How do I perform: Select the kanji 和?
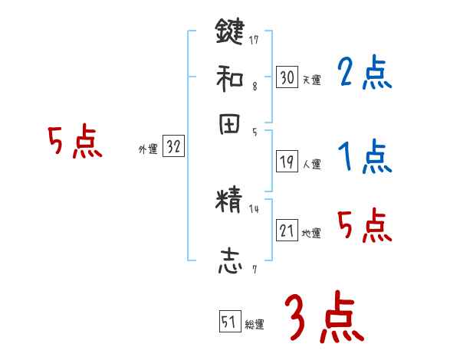click(x=229, y=77)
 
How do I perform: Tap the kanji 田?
click(x=229, y=125)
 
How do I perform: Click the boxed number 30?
click(x=287, y=77)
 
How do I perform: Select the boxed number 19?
click(x=287, y=162)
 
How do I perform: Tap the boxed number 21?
click(x=287, y=231)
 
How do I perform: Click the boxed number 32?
click(x=173, y=147)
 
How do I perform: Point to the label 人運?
click(x=311, y=164)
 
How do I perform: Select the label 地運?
click(x=311, y=233)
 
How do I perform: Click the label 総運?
click(x=255, y=325)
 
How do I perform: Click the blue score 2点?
click(x=364, y=74)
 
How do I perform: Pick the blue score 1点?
click(x=364, y=159)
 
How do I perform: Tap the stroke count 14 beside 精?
click(x=254, y=208)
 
